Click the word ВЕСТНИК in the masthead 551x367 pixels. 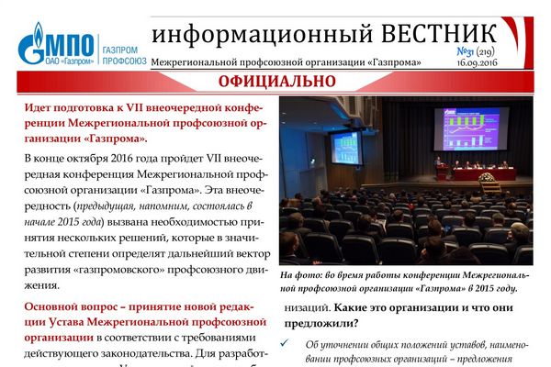pos(439,34)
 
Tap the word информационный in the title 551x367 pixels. pos(262,35)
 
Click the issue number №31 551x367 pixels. pos(465,52)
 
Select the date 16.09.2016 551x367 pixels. pos(478,63)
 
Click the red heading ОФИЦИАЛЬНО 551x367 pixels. pos(277,82)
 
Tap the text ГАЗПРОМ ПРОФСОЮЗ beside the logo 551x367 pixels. pos(124,55)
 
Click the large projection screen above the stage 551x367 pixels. pos(471,128)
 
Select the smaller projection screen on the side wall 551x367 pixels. pos(347,148)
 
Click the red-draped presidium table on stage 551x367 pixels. pos(485,173)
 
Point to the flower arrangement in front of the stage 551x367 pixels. pos(487,177)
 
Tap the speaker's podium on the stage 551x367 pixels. pos(442,172)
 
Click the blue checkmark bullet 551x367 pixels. pos(284,343)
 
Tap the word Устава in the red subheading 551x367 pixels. pos(66,322)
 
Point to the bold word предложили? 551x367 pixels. pos(321,324)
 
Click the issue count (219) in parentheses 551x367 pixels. pos(485,52)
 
